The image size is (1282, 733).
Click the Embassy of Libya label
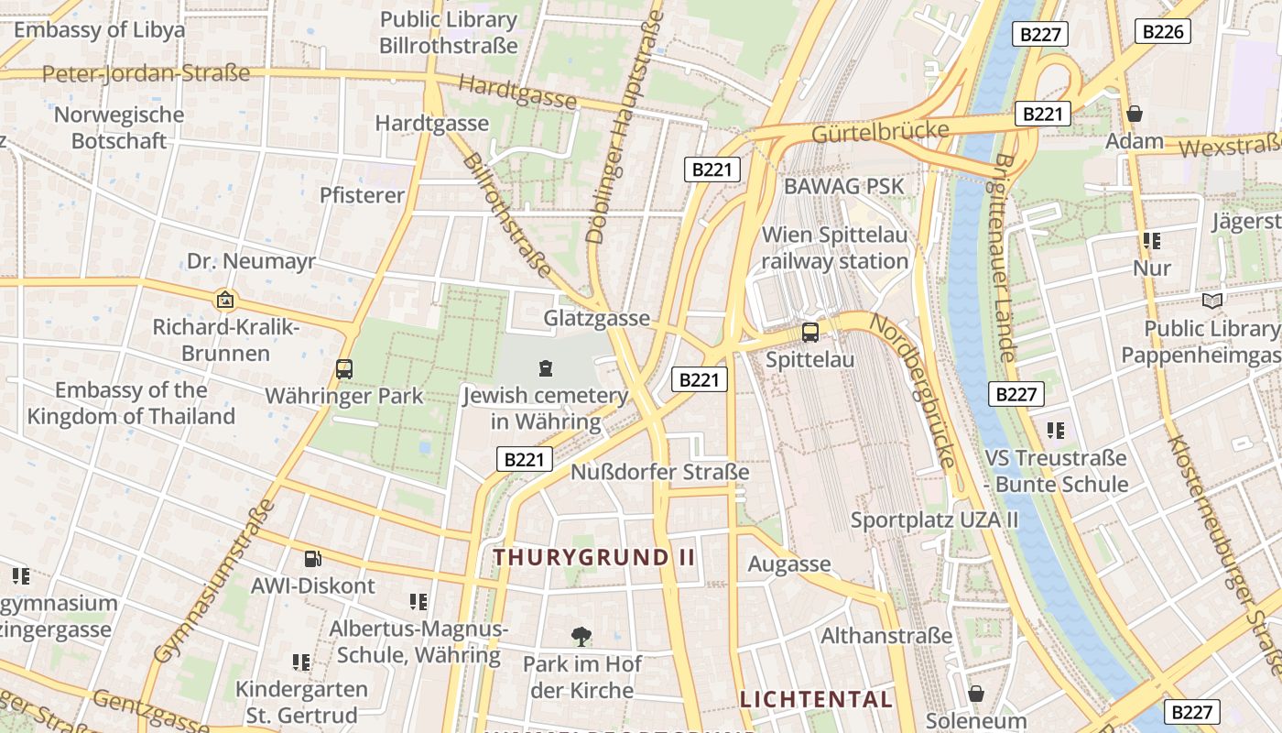(99, 29)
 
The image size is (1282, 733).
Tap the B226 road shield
(1163, 32)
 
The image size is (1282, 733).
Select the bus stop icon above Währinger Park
(344, 369)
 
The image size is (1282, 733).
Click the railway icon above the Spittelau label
(810, 333)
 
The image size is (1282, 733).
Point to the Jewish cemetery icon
(546, 369)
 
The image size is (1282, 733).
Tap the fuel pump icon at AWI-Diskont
(312, 558)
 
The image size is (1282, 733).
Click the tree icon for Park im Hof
(581, 636)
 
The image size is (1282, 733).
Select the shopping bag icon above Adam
(1135, 114)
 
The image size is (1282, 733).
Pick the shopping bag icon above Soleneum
(976, 693)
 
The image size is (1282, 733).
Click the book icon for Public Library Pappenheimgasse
(1211, 301)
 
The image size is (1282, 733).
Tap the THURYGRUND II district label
(594, 557)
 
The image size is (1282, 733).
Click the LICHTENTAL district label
(816, 700)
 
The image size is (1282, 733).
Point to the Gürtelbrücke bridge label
(880, 131)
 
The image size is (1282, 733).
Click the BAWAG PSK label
(843, 186)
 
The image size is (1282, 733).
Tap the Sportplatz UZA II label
(934, 520)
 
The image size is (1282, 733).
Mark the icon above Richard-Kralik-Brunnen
(224, 300)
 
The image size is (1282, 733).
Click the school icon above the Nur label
(1151, 241)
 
